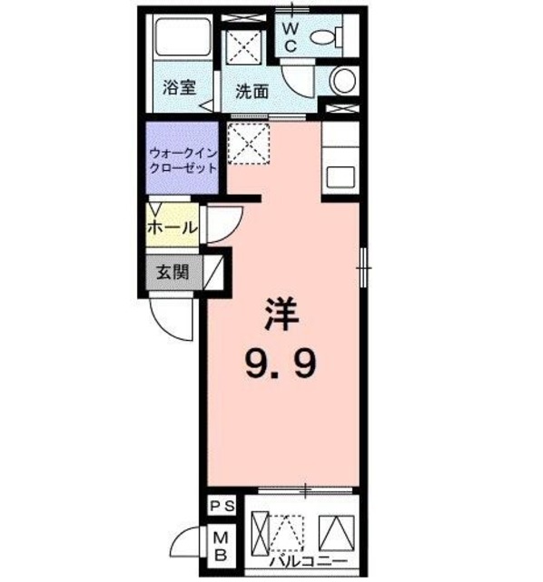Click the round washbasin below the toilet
click(344, 81)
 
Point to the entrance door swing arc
click(170, 317)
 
